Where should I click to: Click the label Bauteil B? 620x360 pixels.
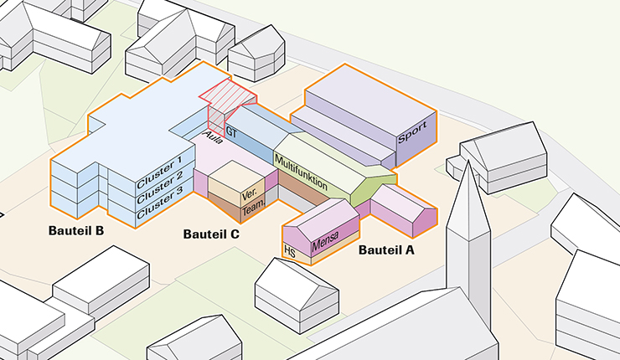tap(75, 229)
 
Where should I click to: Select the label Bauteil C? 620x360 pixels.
tap(211, 234)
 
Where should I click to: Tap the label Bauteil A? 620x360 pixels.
tap(386, 249)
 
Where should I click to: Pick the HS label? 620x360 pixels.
tap(291, 251)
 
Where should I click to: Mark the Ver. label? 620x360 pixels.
tap(249, 195)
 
